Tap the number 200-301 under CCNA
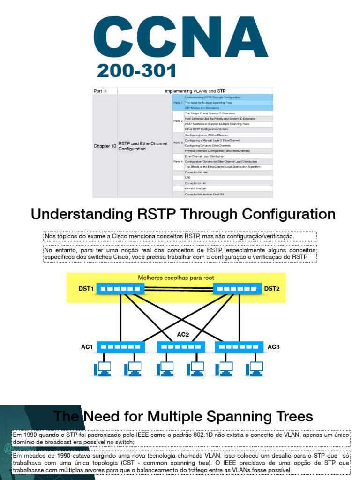click(x=136, y=71)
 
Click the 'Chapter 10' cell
click(x=105, y=146)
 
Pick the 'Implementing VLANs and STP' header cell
click(x=195, y=91)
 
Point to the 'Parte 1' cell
click(x=178, y=102)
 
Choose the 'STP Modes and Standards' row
click(x=202, y=108)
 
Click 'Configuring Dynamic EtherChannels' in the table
click(x=208, y=146)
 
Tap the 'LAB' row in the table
click(x=187, y=178)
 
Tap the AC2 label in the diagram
click(x=183, y=334)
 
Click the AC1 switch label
click(x=87, y=347)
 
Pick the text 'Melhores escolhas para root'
click(x=176, y=277)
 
